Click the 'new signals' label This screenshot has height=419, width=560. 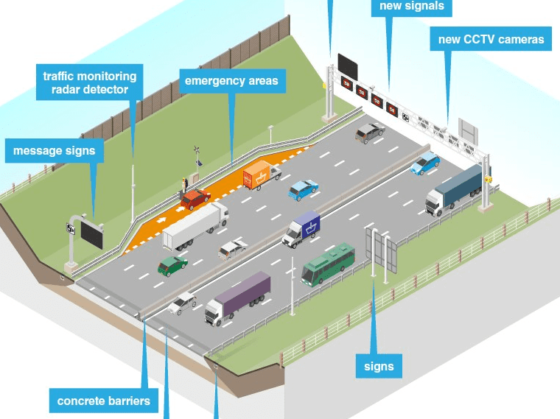pos(412,7)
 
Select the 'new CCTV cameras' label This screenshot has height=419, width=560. pos(491,39)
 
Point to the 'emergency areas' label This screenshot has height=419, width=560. pos(231,80)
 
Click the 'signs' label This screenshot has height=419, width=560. pos(379,366)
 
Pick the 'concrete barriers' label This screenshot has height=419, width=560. pos(103,401)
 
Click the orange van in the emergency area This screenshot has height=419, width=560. pos(260,175)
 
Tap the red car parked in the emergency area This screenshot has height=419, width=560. pos(195,199)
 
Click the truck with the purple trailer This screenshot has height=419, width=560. pos(237,297)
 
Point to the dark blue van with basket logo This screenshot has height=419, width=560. pos(302,229)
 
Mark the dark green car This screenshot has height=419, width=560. pos(172,264)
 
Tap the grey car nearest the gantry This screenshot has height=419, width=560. pos(369,132)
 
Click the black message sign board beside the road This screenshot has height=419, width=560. pos(92,233)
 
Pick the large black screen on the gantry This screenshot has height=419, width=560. pos(348,66)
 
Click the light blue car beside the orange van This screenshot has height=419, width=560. pos(303,189)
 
